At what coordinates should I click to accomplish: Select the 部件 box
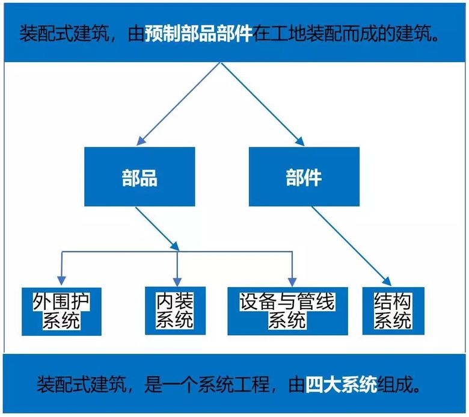pos(304,177)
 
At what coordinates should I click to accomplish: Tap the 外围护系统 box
pos(61,310)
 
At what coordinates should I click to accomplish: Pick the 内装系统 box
pos(175,310)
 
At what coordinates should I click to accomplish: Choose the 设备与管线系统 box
pos(287,310)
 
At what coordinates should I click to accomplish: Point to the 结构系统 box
pos(393,310)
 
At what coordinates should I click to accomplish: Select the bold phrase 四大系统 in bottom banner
pos(341,384)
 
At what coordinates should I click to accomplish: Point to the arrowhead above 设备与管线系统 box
pos(292,281)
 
